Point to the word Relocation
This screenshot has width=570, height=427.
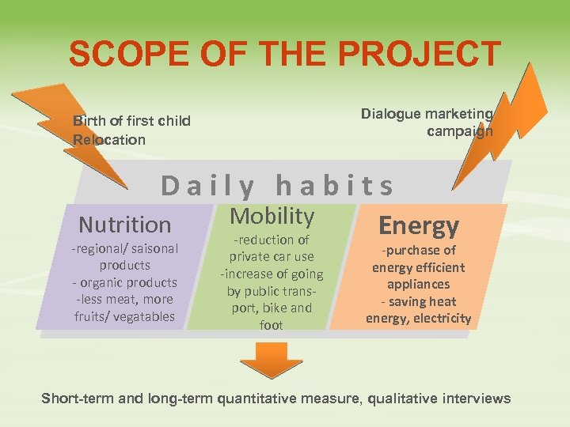pyautogui.click(x=109, y=140)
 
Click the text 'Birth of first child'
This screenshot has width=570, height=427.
pyautogui.click(x=131, y=121)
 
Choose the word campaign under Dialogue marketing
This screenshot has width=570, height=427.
pyautogui.click(x=459, y=131)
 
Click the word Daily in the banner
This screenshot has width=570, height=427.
pyautogui.click(x=207, y=187)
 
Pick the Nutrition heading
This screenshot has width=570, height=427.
pyautogui.click(x=125, y=225)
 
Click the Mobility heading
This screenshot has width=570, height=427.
pyautogui.click(x=272, y=215)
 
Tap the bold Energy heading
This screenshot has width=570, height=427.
pyautogui.click(x=419, y=226)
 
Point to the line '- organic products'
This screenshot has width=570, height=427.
pyautogui.click(x=125, y=282)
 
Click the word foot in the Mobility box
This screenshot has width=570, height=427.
pyautogui.click(x=272, y=325)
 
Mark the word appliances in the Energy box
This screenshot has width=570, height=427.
pyautogui.click(x=418, y=285)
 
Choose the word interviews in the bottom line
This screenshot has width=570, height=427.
pyautogui.click(x=472, y=399)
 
